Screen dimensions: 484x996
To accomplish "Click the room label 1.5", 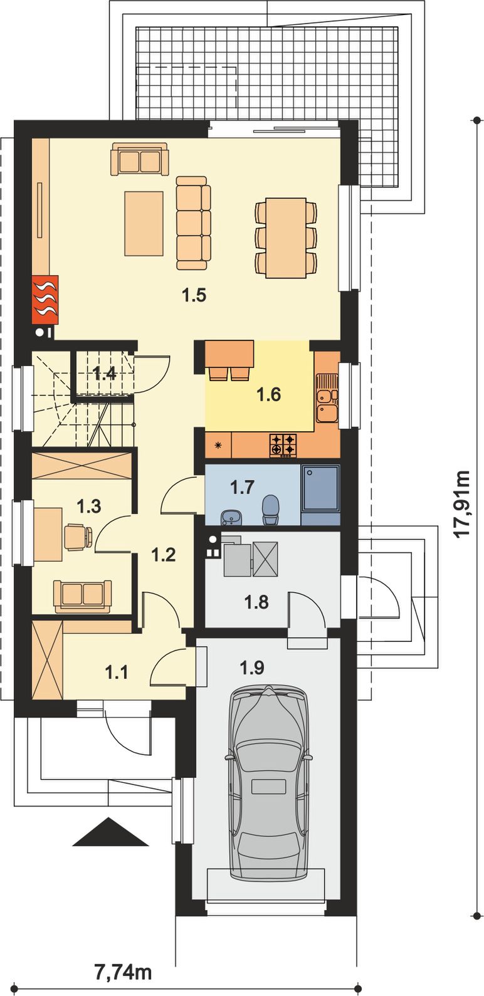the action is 195,295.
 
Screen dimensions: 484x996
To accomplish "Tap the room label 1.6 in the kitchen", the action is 269,394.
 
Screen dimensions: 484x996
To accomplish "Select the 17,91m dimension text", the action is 462,504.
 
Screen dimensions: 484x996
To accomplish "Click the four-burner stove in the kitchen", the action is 283,445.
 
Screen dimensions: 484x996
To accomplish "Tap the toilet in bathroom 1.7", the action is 270,509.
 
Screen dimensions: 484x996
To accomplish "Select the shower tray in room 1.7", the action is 320,489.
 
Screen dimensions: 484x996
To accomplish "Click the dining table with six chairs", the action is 286,238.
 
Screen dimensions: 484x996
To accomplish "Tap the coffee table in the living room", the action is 144,223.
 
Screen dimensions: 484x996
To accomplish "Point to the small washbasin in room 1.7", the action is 231,517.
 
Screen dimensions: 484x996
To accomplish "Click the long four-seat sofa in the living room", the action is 193,223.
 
